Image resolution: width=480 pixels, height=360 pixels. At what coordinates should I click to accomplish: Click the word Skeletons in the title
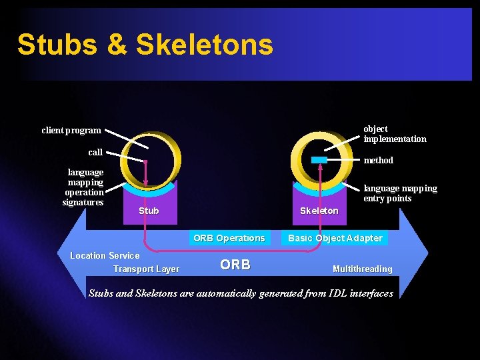coord(204,45)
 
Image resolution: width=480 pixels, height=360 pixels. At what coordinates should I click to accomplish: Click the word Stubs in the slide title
coord(58,45)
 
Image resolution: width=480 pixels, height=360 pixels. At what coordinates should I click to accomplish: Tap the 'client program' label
coord(71,131)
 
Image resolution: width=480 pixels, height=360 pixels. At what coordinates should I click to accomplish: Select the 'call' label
coord(95,152)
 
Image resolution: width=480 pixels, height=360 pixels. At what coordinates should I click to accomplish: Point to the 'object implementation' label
coord(394,133)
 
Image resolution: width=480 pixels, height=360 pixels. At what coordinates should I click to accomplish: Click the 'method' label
coord(378,160)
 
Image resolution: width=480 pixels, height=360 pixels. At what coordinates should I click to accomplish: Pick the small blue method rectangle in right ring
coord(319,160)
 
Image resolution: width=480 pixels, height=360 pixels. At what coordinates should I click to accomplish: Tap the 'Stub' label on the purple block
coord(149,211)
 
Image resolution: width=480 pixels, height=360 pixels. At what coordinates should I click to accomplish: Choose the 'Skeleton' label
coord(319,211)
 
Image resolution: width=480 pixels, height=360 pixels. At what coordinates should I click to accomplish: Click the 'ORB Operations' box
coord(229,238)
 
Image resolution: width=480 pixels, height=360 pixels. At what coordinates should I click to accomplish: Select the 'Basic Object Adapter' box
coord(335,238)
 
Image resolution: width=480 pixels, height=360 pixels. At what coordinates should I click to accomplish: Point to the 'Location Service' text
coord(105,255)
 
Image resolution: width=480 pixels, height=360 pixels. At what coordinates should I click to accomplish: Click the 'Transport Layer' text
coord(146,269)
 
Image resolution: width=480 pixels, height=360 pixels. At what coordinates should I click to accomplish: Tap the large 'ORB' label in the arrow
coord(235,265)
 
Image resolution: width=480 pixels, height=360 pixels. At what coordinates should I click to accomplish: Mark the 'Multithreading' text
coord(362,269)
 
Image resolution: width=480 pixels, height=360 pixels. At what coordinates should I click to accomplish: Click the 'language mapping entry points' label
coord(400,193)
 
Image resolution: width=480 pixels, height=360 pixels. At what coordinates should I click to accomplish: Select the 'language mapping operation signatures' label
coord(84,187)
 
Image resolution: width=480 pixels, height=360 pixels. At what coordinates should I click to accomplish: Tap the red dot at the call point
coord(145,161)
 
